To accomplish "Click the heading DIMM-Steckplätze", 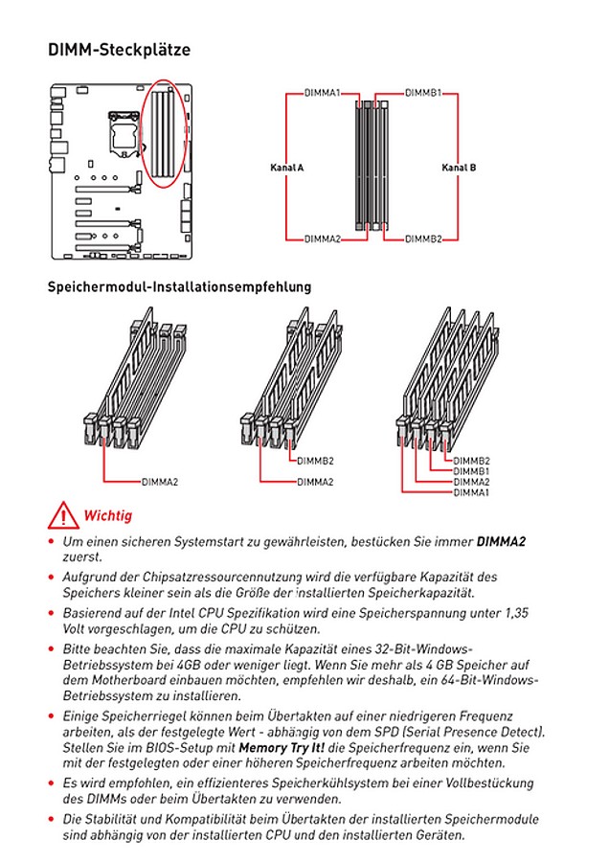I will pyautogui.click(x=119, y=50).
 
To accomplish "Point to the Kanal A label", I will pyautogui.click(x=287, y=167).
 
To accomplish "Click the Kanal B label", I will pyautogui.click(x=459, y=167).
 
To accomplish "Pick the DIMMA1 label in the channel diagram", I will pyautogui.click(x=323, y=94).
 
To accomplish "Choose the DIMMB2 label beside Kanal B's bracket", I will pyautogui.click(x=423, y=238).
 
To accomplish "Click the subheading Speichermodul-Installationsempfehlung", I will pyautogui.click(x=179, y=286).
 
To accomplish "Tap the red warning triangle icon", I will pyautogui.click(x=63, y=514).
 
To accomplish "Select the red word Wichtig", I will pyautogui.click(x=108, y=515).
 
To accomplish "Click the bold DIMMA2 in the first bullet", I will pyautogui.click(x=501, y=541).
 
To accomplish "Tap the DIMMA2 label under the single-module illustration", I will pyautogui.click(x=160, y=482).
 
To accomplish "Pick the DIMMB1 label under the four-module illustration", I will pyautogui.click(x=471, y=471).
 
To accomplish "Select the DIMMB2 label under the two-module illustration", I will pyautogui.click(x=315, y=462).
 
